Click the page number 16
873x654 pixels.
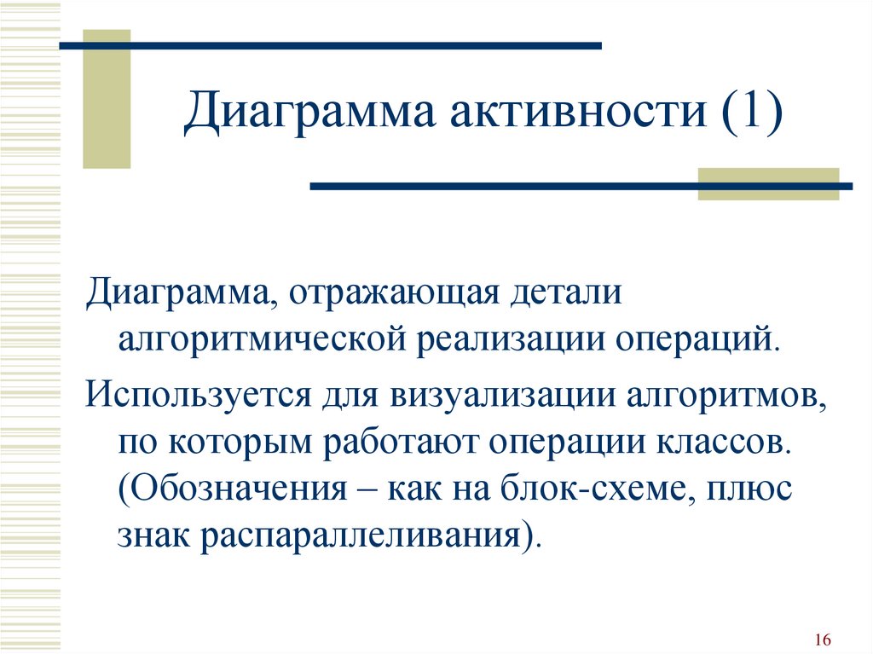823,639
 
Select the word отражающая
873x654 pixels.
393,292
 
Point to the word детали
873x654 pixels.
566,292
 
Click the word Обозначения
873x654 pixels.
234,489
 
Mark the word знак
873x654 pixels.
153,535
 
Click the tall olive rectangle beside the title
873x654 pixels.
107,99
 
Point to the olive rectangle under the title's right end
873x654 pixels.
768,184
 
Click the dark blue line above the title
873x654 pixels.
331,46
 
